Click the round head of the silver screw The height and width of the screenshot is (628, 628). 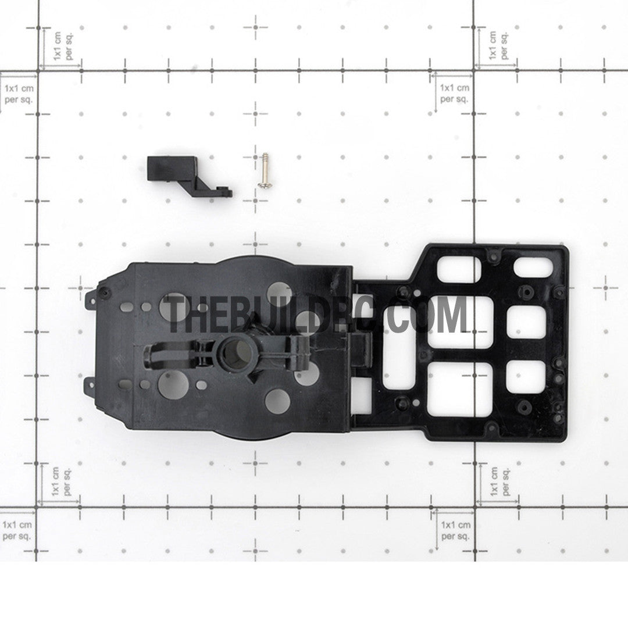[x=263, y=185]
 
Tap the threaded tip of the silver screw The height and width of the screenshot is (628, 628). [x=265, y=155]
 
